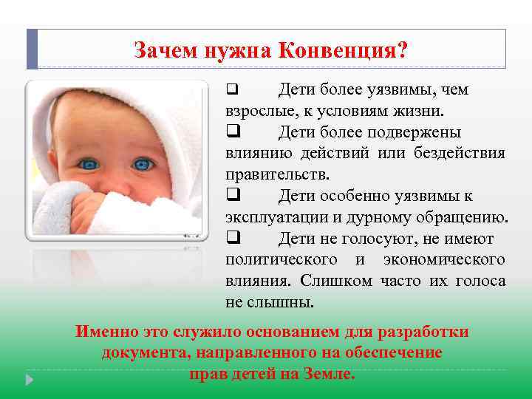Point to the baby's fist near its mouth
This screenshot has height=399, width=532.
(89, 207)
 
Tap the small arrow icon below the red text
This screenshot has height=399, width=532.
(30, 380)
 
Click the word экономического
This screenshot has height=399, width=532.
(445, 260)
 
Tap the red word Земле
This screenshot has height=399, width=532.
(329, 374)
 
